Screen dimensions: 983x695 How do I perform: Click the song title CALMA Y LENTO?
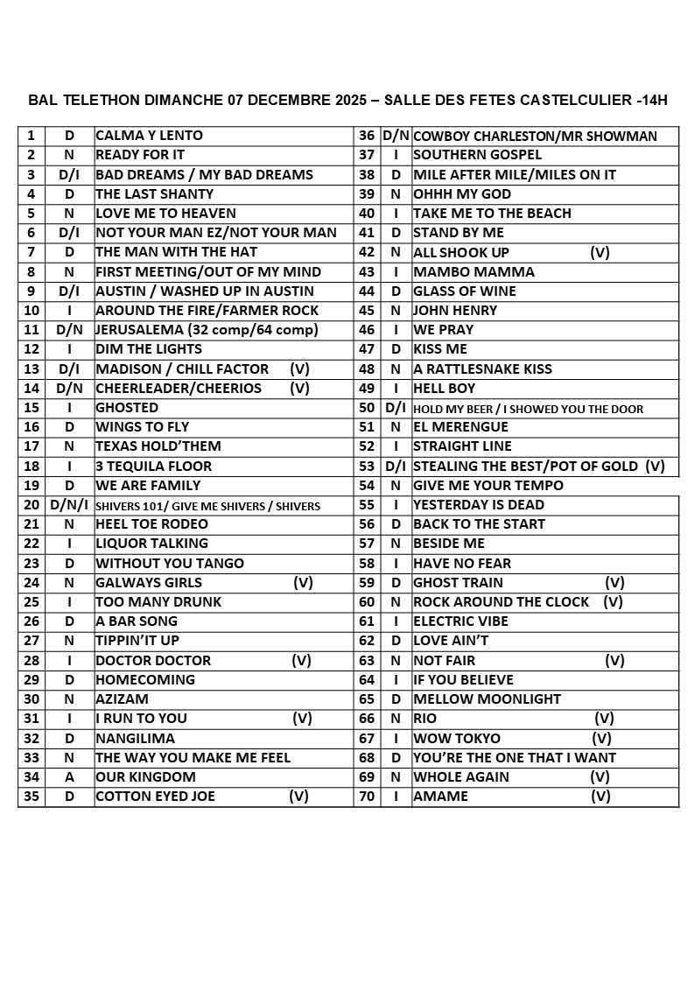pos(149,136)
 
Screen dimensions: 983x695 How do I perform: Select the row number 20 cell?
pos(32,505)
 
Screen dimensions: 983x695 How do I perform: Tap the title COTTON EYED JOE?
pos(155,797)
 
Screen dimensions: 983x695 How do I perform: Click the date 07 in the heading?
pos(235,100)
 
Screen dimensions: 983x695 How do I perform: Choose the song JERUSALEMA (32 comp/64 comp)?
pos(207,330)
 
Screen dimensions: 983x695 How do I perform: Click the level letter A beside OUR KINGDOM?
pos(69,777)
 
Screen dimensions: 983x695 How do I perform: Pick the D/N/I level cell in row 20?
pos(69,505)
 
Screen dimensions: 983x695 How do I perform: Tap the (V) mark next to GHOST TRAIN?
pos(614,583)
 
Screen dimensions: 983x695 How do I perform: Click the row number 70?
pos(367,797)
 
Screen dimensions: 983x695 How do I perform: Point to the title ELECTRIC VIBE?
pos(460,621)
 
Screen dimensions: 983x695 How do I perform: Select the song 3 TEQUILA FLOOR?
pos(153,467)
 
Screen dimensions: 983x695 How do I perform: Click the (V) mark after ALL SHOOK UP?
pos(600,253)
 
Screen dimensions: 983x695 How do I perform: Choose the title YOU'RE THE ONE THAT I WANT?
pos(515,758)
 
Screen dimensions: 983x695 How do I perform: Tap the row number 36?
pos(367,136)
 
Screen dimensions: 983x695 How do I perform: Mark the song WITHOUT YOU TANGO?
pos(170,564)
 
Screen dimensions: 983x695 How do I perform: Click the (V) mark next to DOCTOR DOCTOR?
pos(301,661)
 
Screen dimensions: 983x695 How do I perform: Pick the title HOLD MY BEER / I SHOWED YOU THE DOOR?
pos(528,409)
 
